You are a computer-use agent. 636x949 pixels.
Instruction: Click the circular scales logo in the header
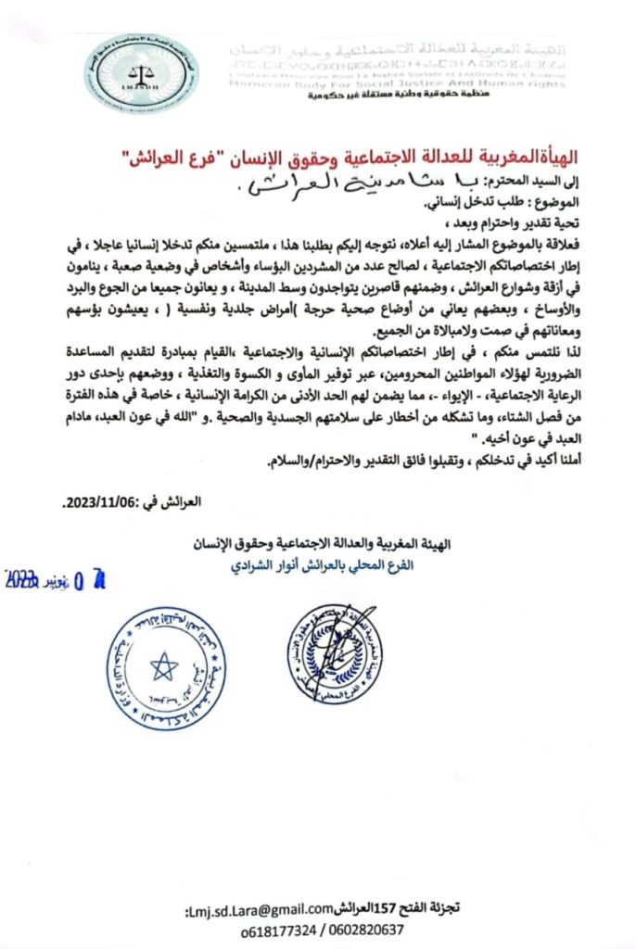tap(128, 71)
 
